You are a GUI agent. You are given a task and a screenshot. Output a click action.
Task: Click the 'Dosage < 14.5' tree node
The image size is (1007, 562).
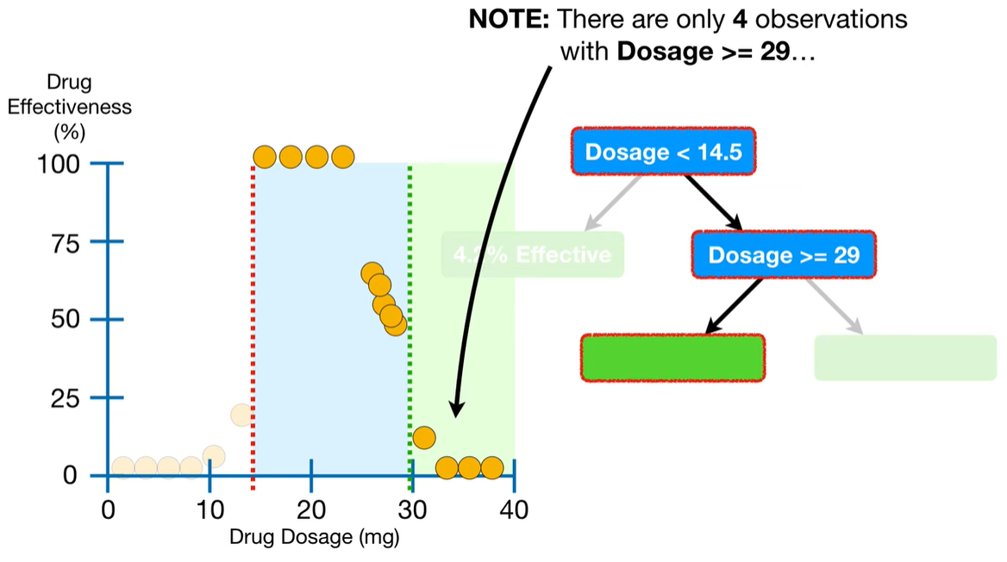pos(662,153)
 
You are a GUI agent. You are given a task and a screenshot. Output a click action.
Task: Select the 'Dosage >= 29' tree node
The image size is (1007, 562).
pos(783,254)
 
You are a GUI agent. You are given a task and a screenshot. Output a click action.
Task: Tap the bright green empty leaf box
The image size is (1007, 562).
pos(672,358)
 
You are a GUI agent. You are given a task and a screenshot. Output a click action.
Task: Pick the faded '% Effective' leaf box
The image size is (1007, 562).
pos(533,254)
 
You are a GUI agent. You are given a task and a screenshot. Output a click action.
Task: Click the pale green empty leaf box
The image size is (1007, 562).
pos(905,358)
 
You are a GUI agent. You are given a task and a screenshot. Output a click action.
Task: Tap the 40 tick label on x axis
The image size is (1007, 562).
pos(514,509)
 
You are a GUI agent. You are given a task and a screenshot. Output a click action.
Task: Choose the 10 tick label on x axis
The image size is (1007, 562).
pos(210,509)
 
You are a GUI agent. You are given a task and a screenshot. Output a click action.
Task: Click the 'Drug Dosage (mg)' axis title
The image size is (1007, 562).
pos(315,537)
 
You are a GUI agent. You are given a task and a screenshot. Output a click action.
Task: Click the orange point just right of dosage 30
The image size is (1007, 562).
pos(423,437)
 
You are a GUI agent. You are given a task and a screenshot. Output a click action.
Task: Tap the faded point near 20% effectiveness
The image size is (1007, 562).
pos(241,415)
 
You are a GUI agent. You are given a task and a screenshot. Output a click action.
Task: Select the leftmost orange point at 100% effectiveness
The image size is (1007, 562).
pos(265,157)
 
